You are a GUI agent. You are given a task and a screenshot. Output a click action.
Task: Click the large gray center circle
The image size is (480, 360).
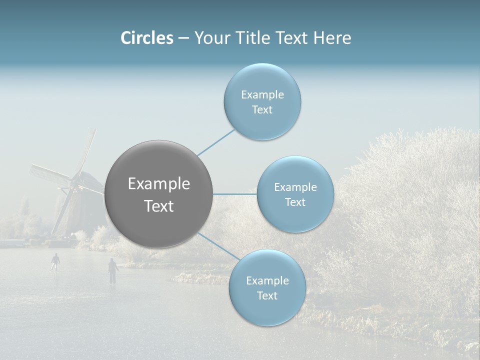coord(159,194)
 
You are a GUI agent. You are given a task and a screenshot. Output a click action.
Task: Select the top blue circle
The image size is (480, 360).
coord(262,102)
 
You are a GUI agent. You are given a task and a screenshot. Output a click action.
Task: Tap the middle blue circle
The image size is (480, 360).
coord(295,194)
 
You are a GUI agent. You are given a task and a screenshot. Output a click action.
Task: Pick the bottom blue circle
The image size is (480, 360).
coord(267,288)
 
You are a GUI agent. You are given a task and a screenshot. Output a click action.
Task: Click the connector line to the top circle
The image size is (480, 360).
coord(216,142)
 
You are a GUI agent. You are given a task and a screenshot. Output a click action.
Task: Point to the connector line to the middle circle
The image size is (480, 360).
coord(235,194)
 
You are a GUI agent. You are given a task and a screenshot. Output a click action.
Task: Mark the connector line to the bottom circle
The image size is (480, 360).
coord(218,245)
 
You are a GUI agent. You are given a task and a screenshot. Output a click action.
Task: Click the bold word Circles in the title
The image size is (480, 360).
coord(147,38)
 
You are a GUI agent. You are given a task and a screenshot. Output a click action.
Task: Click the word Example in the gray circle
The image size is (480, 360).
coord(159,184)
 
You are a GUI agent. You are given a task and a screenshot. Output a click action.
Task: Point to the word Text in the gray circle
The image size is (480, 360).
coord(159,206)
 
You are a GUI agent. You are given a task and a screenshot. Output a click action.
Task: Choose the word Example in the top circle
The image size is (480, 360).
coord(262,95)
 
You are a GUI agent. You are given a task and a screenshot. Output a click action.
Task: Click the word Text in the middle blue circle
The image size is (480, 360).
coord(295,202)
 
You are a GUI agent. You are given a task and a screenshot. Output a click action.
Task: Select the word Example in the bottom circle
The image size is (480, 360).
coord(267,281)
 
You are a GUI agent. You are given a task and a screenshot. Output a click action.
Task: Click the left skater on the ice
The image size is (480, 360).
coord(55,261)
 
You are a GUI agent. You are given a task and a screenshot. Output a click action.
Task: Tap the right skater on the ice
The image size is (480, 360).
coord(113,270)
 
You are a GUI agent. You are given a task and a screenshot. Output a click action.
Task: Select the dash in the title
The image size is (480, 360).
coord(183,38)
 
